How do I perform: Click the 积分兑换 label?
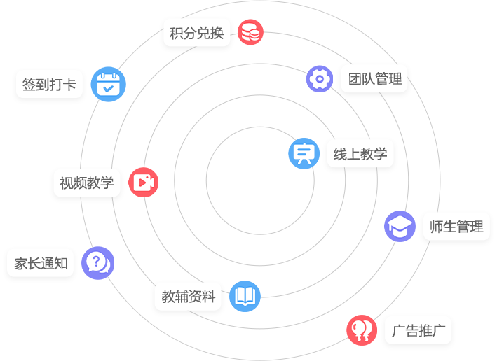click(196, 33)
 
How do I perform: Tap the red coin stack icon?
click(250, 32)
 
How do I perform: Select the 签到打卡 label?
click(49, 85)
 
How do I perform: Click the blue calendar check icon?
click(109, 85)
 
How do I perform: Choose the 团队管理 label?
click(375, 79)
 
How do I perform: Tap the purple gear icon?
click(320, 79)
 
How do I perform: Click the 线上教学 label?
click(360, 155)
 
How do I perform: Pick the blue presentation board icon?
click(304, 153)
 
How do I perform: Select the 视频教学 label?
click(87, 183)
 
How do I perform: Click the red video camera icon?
click(143, 183)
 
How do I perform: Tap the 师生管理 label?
click(456, 227)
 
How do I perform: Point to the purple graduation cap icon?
click(400, 227)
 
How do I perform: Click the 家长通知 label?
click(41, 264)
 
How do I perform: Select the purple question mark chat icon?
click(97, 263)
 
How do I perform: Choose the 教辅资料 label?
click(188, 297)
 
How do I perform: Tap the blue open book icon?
click(245, 296)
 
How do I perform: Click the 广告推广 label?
click(418, 331)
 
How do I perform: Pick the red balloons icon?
click(362, 330)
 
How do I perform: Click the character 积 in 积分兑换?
click(177, 33)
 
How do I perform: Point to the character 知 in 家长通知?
click(61, 264)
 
